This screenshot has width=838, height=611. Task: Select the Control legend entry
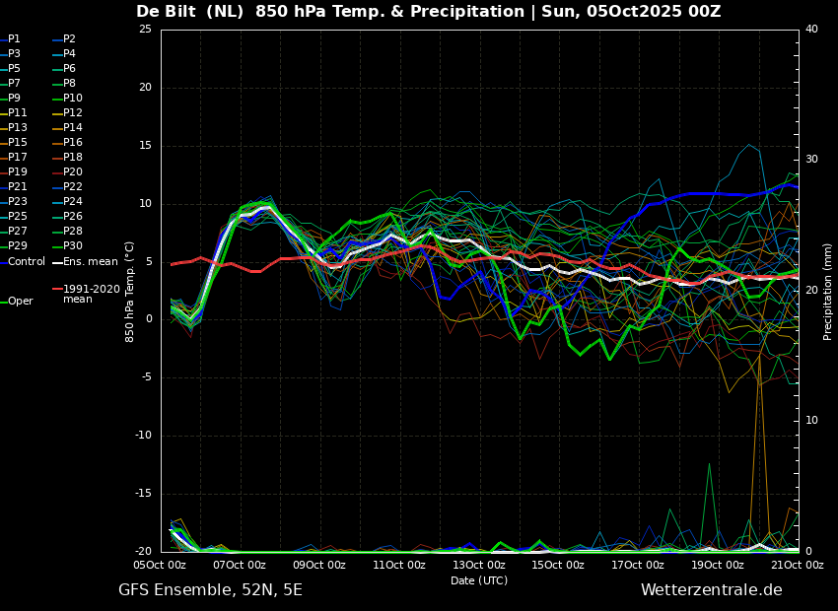[23, 262]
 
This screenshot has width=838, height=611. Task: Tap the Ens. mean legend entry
[85, 262]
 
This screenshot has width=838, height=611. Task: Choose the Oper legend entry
[17, 302]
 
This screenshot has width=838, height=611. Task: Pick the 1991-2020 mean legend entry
[86, 294]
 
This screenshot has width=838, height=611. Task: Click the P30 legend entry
[68, 245]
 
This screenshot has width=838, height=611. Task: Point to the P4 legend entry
[65, 53]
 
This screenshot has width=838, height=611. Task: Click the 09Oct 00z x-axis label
[320, 565]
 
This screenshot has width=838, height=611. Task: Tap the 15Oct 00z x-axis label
[559, 565]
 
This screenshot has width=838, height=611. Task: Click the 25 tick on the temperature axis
[145, 30]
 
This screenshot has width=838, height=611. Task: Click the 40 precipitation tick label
[811, 29]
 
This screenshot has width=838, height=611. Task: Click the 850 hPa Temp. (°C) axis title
[129, 292]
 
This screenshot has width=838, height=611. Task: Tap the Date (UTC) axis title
[479, 580]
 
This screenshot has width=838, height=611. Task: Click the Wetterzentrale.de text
[712, 590]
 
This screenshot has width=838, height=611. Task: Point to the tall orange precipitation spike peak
[759, 353]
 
